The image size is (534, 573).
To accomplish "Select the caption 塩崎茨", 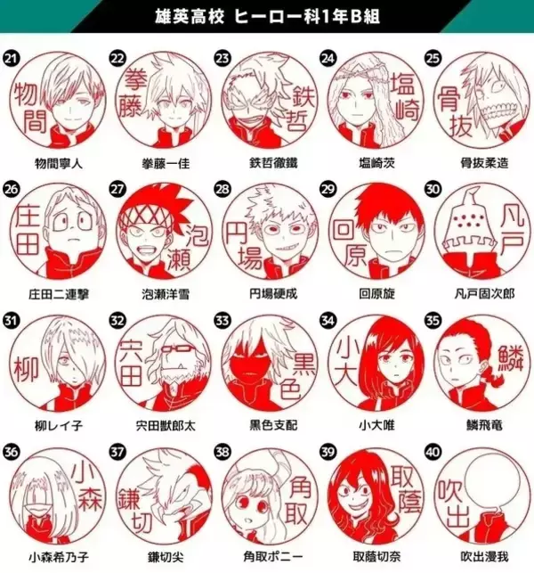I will point(371,163).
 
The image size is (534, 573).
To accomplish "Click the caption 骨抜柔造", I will point(476,163).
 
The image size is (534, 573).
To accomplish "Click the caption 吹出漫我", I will point(476,556).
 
